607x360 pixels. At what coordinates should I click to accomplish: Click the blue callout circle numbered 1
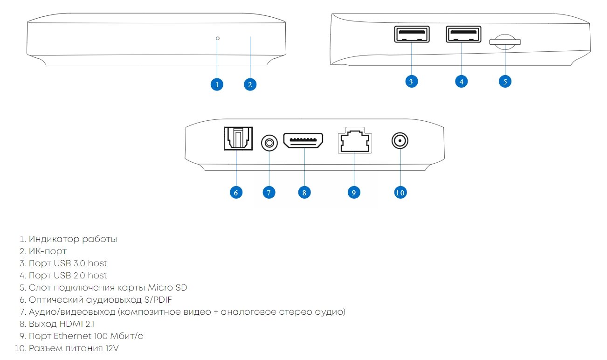pos(217,84)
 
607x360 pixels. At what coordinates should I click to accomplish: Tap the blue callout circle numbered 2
pos(250,84)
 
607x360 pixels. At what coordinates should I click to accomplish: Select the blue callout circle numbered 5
pos(505,81)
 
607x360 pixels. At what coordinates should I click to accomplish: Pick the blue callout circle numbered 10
pos(400,192)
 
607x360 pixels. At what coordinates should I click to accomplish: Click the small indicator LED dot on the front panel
pos(218,38)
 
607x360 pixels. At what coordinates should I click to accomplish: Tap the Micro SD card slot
pos(505,42)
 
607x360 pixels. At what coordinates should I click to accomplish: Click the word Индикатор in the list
pos(54,239)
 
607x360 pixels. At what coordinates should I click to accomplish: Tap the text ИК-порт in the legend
pos(48,251)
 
